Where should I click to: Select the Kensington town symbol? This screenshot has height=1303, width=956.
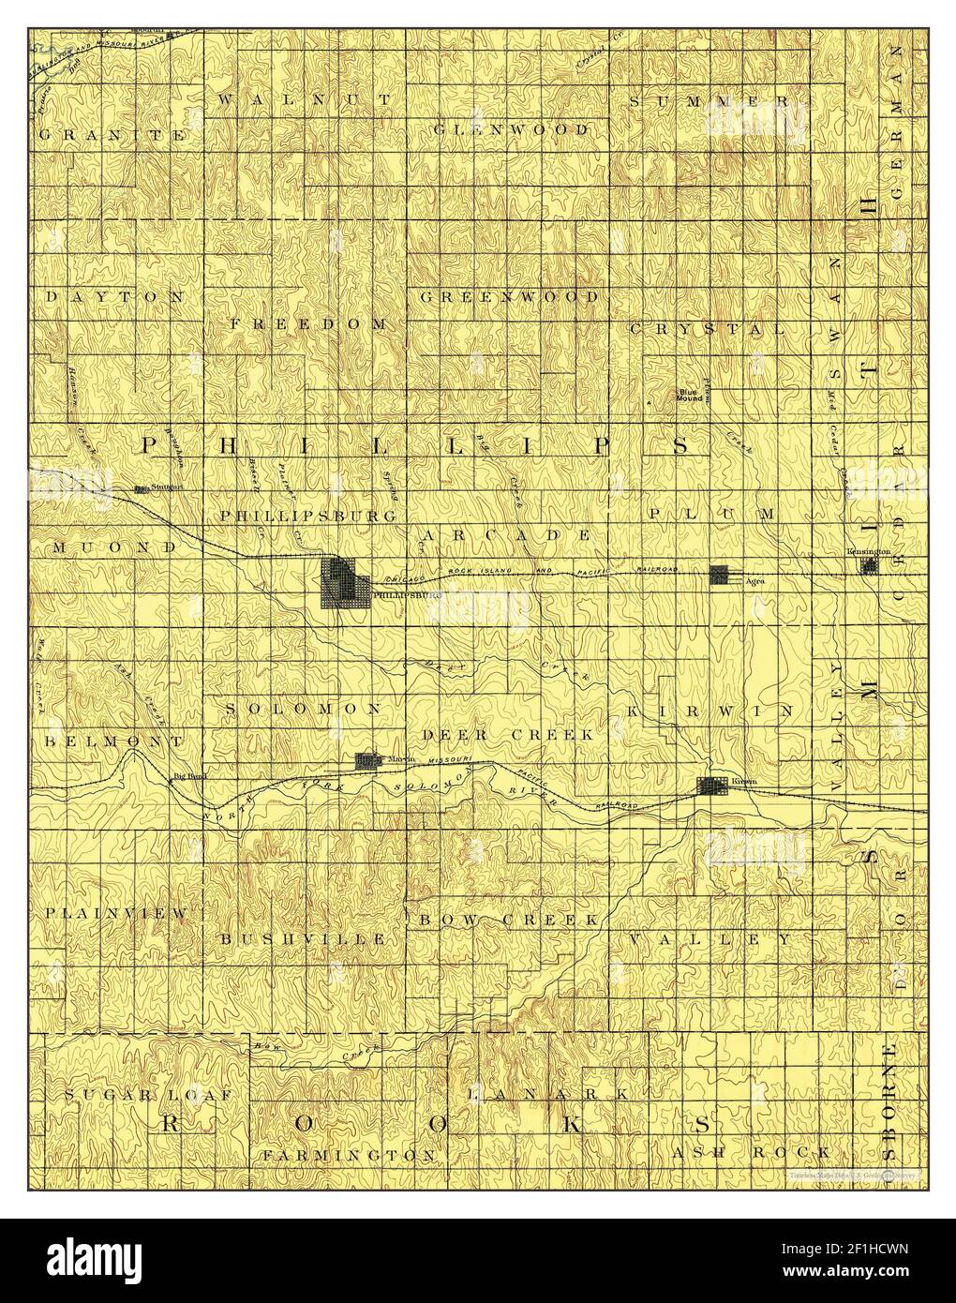coord(870,565)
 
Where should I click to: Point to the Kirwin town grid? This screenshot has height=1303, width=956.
coord(713,786)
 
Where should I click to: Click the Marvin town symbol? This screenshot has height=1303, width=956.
coord(366,760)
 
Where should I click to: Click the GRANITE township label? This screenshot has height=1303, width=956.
coord(112,134)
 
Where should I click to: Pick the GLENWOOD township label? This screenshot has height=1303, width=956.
coord(511,128)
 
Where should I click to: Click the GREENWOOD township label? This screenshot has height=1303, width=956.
coord(509,297)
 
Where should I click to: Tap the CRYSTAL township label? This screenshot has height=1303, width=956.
coord(707,329)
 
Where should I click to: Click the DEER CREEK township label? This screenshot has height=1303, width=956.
coord(508,735)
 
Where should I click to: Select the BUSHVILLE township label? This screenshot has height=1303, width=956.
coord(304,937)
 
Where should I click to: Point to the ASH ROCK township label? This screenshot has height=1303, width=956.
coord(750,1152)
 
